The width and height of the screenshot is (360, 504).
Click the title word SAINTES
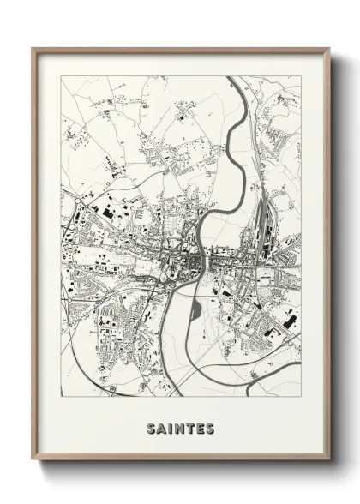click(x=180, y=426)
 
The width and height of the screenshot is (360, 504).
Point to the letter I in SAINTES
click(x=170, y=426)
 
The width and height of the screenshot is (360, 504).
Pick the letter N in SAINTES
click(x=179, y=426)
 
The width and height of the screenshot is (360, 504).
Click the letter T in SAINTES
click(x=190, y=426)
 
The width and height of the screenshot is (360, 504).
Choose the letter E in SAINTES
click(x=201, y=426)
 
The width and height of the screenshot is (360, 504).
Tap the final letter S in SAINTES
click(x=211, y=426)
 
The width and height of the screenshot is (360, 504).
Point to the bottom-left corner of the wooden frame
click(x=33, y=461)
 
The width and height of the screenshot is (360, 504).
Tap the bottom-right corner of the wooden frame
click(x=327, y=461)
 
